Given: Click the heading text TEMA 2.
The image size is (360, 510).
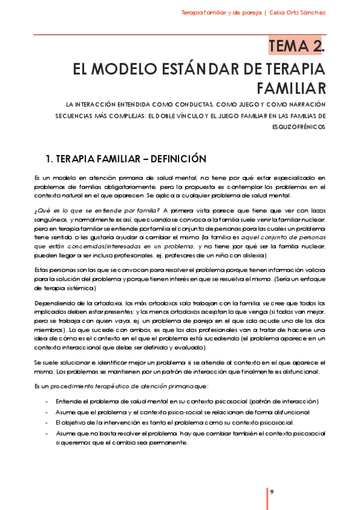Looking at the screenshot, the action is (297, 45).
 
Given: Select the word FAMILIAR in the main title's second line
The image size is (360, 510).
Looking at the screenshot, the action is (291, 88).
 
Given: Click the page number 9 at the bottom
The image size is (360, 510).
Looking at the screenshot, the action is (272, 492).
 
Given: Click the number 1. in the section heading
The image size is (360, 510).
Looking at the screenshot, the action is (49, 159).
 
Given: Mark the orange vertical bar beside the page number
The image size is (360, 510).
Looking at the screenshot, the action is (267, 497).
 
